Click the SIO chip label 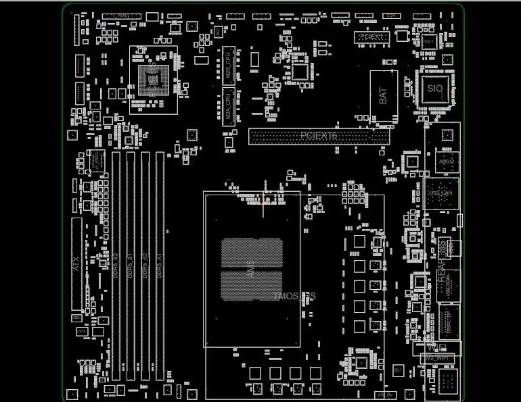[x=434, y=89]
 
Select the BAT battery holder [x=384, y=96]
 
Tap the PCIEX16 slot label [x=319, y=136]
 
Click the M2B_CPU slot [x=228, y=66]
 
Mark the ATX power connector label [x=76, y=262]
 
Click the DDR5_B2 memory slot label [x=115, y=266]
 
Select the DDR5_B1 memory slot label [x=130, y=266]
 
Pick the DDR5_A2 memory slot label [x=145, y=266]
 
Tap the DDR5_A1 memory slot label [x=160, y=266]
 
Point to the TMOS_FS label [x=295, y=297]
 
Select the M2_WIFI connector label [x=437, y=357]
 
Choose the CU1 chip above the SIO [x=429, y=42]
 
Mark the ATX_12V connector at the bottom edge [x=384, y=395]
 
